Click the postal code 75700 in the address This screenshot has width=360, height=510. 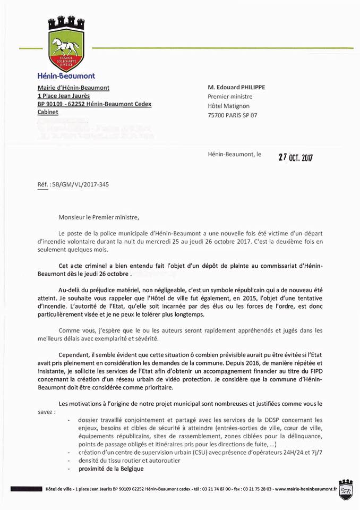coord(217,115)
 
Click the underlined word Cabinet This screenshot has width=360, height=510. coord(48,113)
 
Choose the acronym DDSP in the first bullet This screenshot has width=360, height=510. coord(288,420)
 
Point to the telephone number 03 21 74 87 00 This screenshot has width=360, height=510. coord(217,488)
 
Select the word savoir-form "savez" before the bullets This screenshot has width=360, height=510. coord(46,412)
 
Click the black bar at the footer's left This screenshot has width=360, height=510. coord(27,488)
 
